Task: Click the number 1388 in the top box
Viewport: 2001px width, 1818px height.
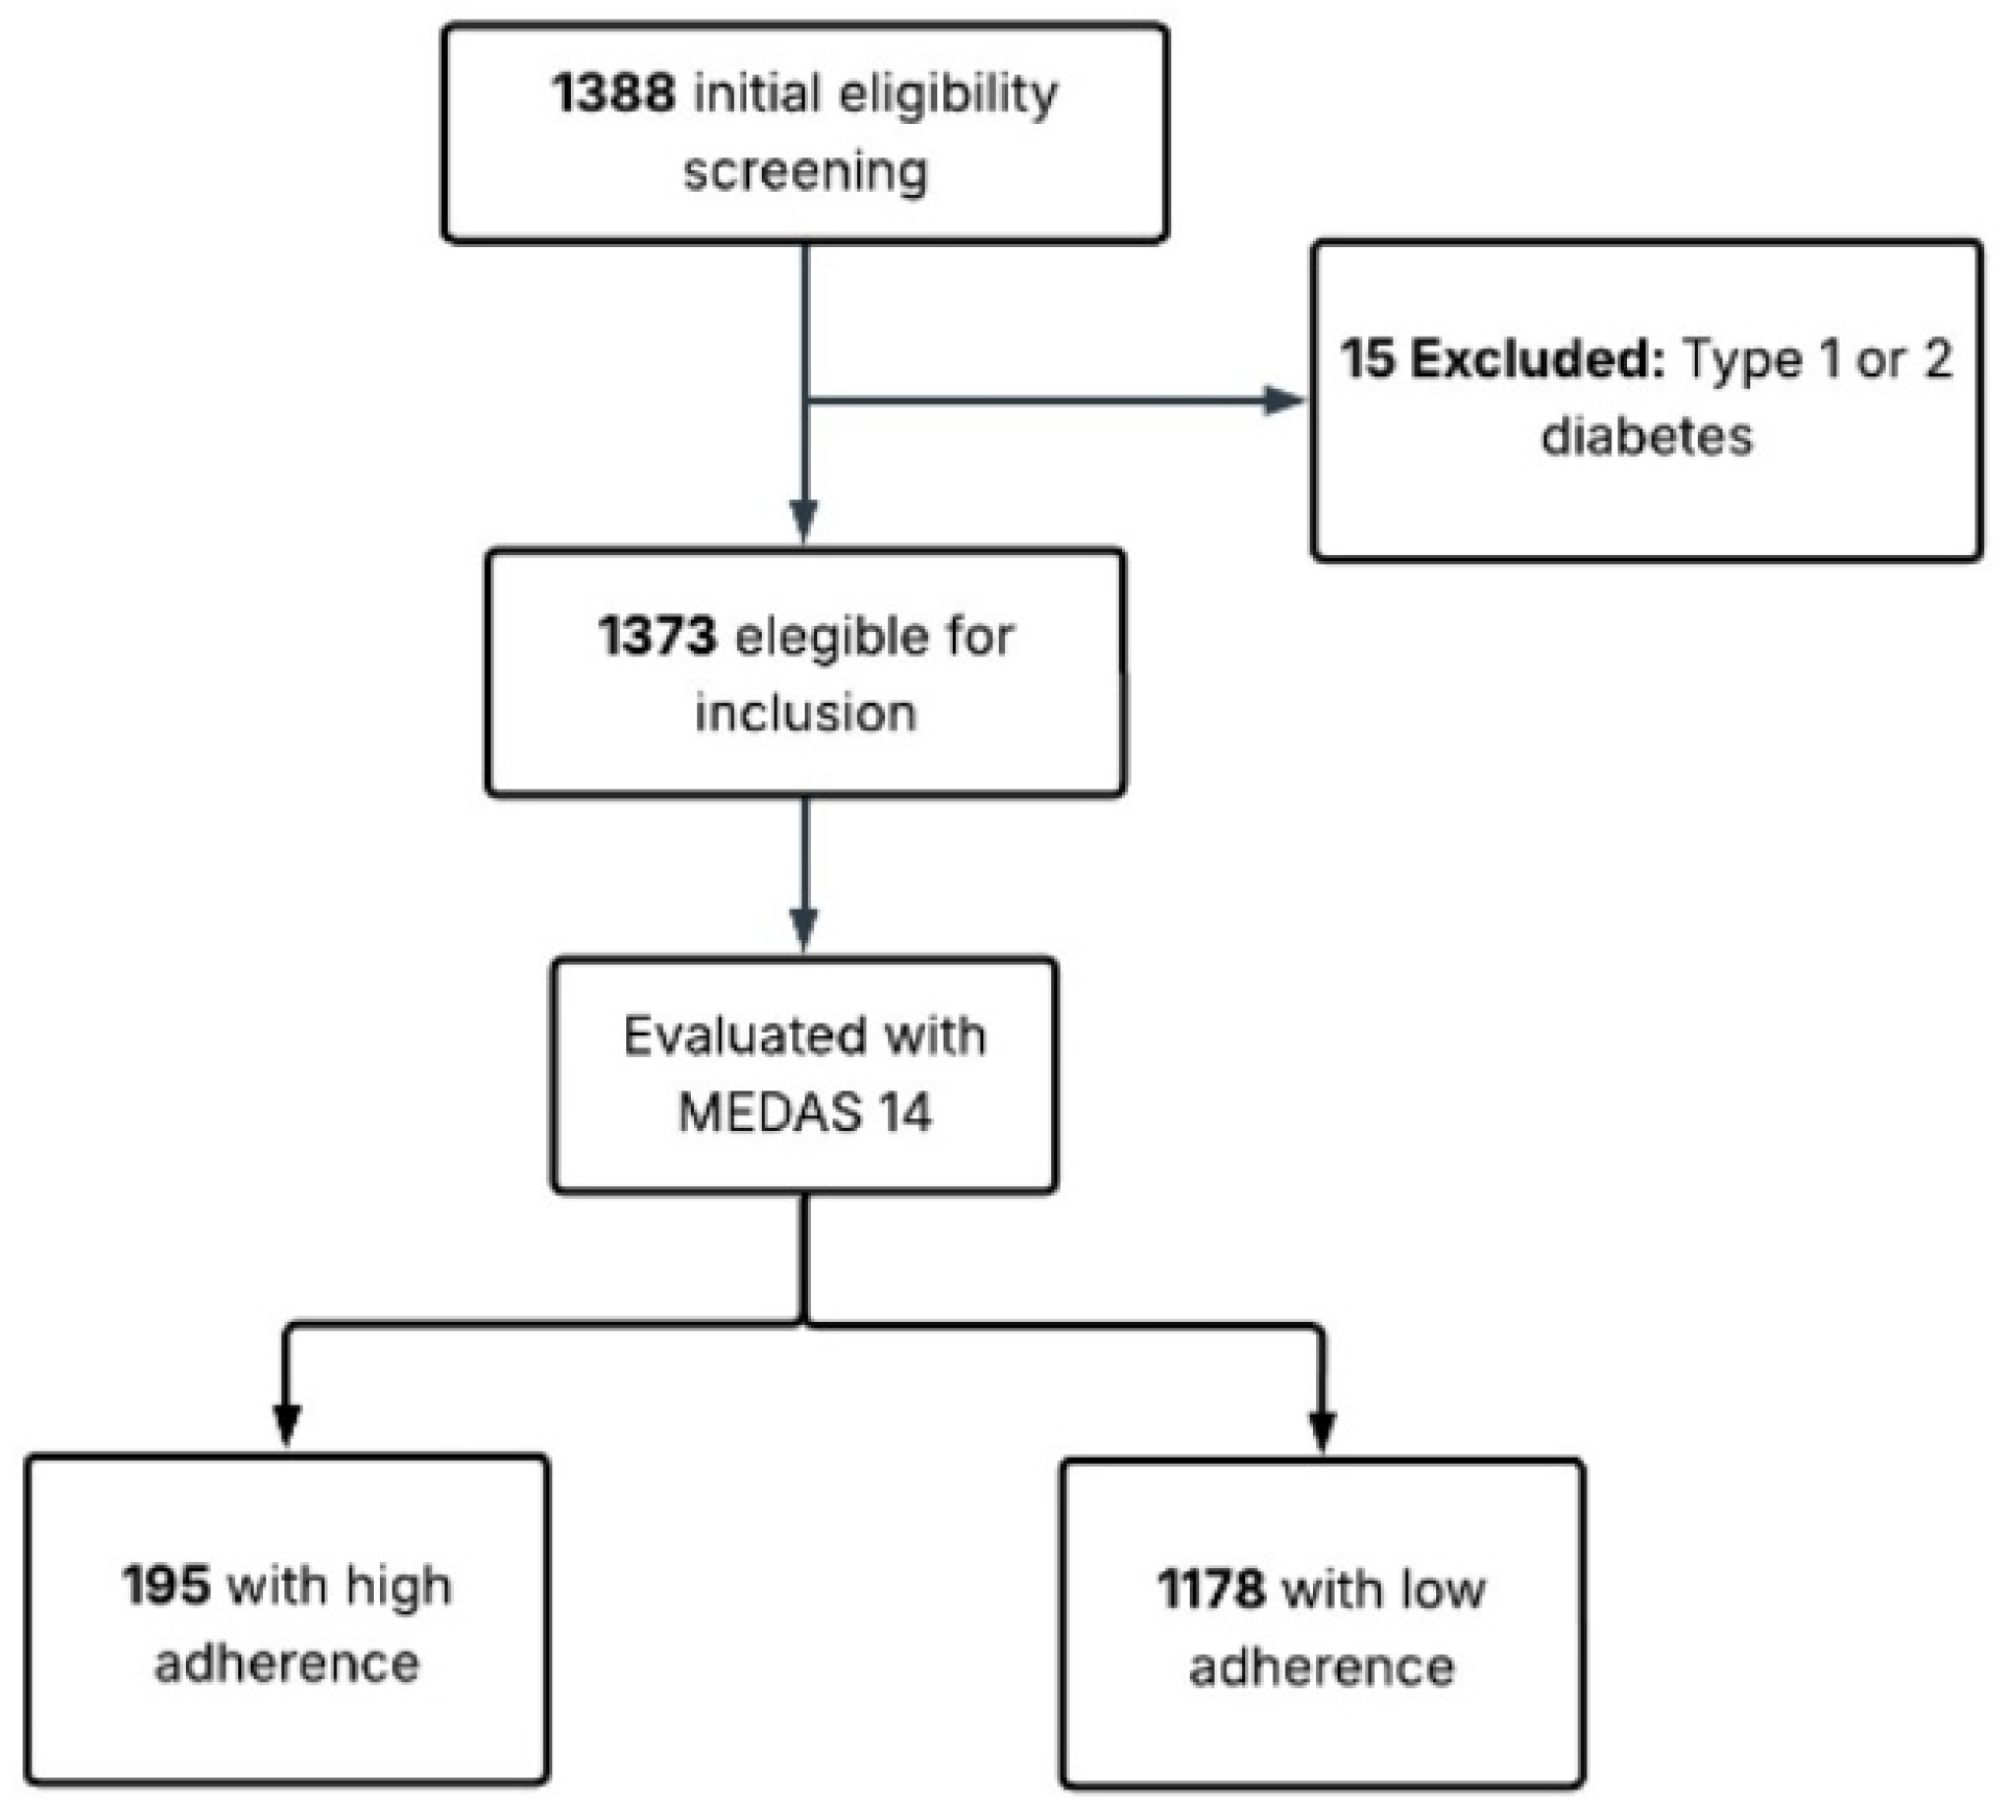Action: [613, 94]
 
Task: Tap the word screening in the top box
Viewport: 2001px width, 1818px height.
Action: [805, 171]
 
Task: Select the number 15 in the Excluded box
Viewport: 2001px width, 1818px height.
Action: [1366, 358]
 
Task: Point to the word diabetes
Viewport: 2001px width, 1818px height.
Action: [1647, 436]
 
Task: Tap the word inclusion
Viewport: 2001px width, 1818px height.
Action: [805, 714]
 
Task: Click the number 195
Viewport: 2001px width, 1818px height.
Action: [164, 1585]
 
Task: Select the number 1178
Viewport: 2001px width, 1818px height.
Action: [1211, 1589]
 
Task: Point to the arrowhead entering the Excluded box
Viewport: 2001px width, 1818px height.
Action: [1284, 401]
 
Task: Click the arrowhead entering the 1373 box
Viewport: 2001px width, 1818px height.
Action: [804, 519]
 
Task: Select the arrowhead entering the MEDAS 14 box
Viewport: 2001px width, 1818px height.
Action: [804, 927]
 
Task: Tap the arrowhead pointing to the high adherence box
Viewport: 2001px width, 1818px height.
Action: [286, 1425]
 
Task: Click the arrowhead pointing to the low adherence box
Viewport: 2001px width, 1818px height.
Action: [1322, 1429]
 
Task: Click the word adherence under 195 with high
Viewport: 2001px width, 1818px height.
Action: [286, 1664]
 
